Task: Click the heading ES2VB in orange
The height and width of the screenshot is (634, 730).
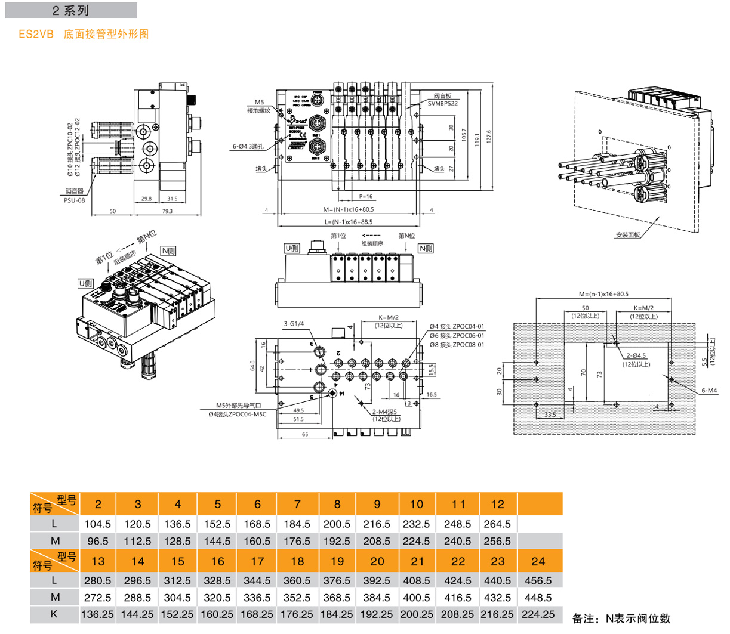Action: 36,35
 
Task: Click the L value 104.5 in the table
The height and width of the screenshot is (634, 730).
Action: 98,524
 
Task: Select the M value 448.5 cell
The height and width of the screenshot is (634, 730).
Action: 538,598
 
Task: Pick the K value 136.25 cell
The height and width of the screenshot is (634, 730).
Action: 97,614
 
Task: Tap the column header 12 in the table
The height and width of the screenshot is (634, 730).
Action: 497,504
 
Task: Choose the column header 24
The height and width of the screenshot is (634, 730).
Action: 538,561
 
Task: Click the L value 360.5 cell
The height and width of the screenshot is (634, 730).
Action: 297,580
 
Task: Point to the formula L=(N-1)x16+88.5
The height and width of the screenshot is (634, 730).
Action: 349,222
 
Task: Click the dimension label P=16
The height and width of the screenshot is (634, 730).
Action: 365,196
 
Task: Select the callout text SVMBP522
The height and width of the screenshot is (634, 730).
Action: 442,104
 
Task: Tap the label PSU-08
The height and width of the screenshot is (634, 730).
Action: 74,200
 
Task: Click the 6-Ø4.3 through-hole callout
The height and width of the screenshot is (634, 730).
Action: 248,146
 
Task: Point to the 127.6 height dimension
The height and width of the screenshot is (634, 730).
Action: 489,137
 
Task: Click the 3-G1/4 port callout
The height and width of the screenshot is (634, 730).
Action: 294,324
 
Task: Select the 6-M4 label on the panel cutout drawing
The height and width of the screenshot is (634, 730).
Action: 709,391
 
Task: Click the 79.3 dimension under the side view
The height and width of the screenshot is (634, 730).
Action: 167,211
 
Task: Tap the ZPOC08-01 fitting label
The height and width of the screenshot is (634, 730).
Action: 457,345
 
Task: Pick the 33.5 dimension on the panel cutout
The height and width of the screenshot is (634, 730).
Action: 550,415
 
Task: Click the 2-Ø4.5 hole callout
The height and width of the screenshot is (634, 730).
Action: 636,356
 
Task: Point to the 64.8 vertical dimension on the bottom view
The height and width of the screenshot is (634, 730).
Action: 253,366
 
